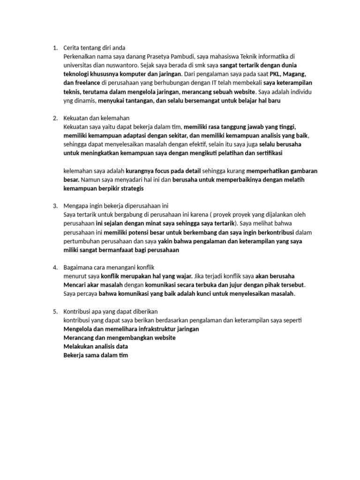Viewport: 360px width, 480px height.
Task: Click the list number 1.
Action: click(x=54, y=48)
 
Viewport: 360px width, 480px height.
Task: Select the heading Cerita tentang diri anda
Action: click(x=94, y=48)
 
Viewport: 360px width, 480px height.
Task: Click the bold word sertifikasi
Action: click(x=266, y=153)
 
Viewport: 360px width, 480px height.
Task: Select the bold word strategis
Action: click(x=130, y=188)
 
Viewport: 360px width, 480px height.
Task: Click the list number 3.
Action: click(x=54, y=206)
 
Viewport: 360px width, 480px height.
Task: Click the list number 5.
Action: click(x=54, y=311)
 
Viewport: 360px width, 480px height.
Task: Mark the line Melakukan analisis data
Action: click(x=96, y=346)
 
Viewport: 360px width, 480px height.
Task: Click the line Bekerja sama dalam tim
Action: click(x=96, y=355)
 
